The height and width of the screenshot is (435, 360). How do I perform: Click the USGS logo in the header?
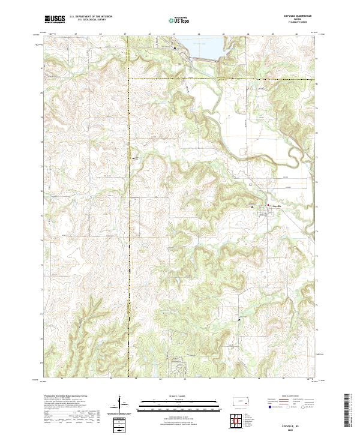click(55, 20)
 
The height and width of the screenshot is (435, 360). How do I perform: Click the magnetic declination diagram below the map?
click(120, 404)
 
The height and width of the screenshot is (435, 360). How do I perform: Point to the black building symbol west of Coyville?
click(253, 206)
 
